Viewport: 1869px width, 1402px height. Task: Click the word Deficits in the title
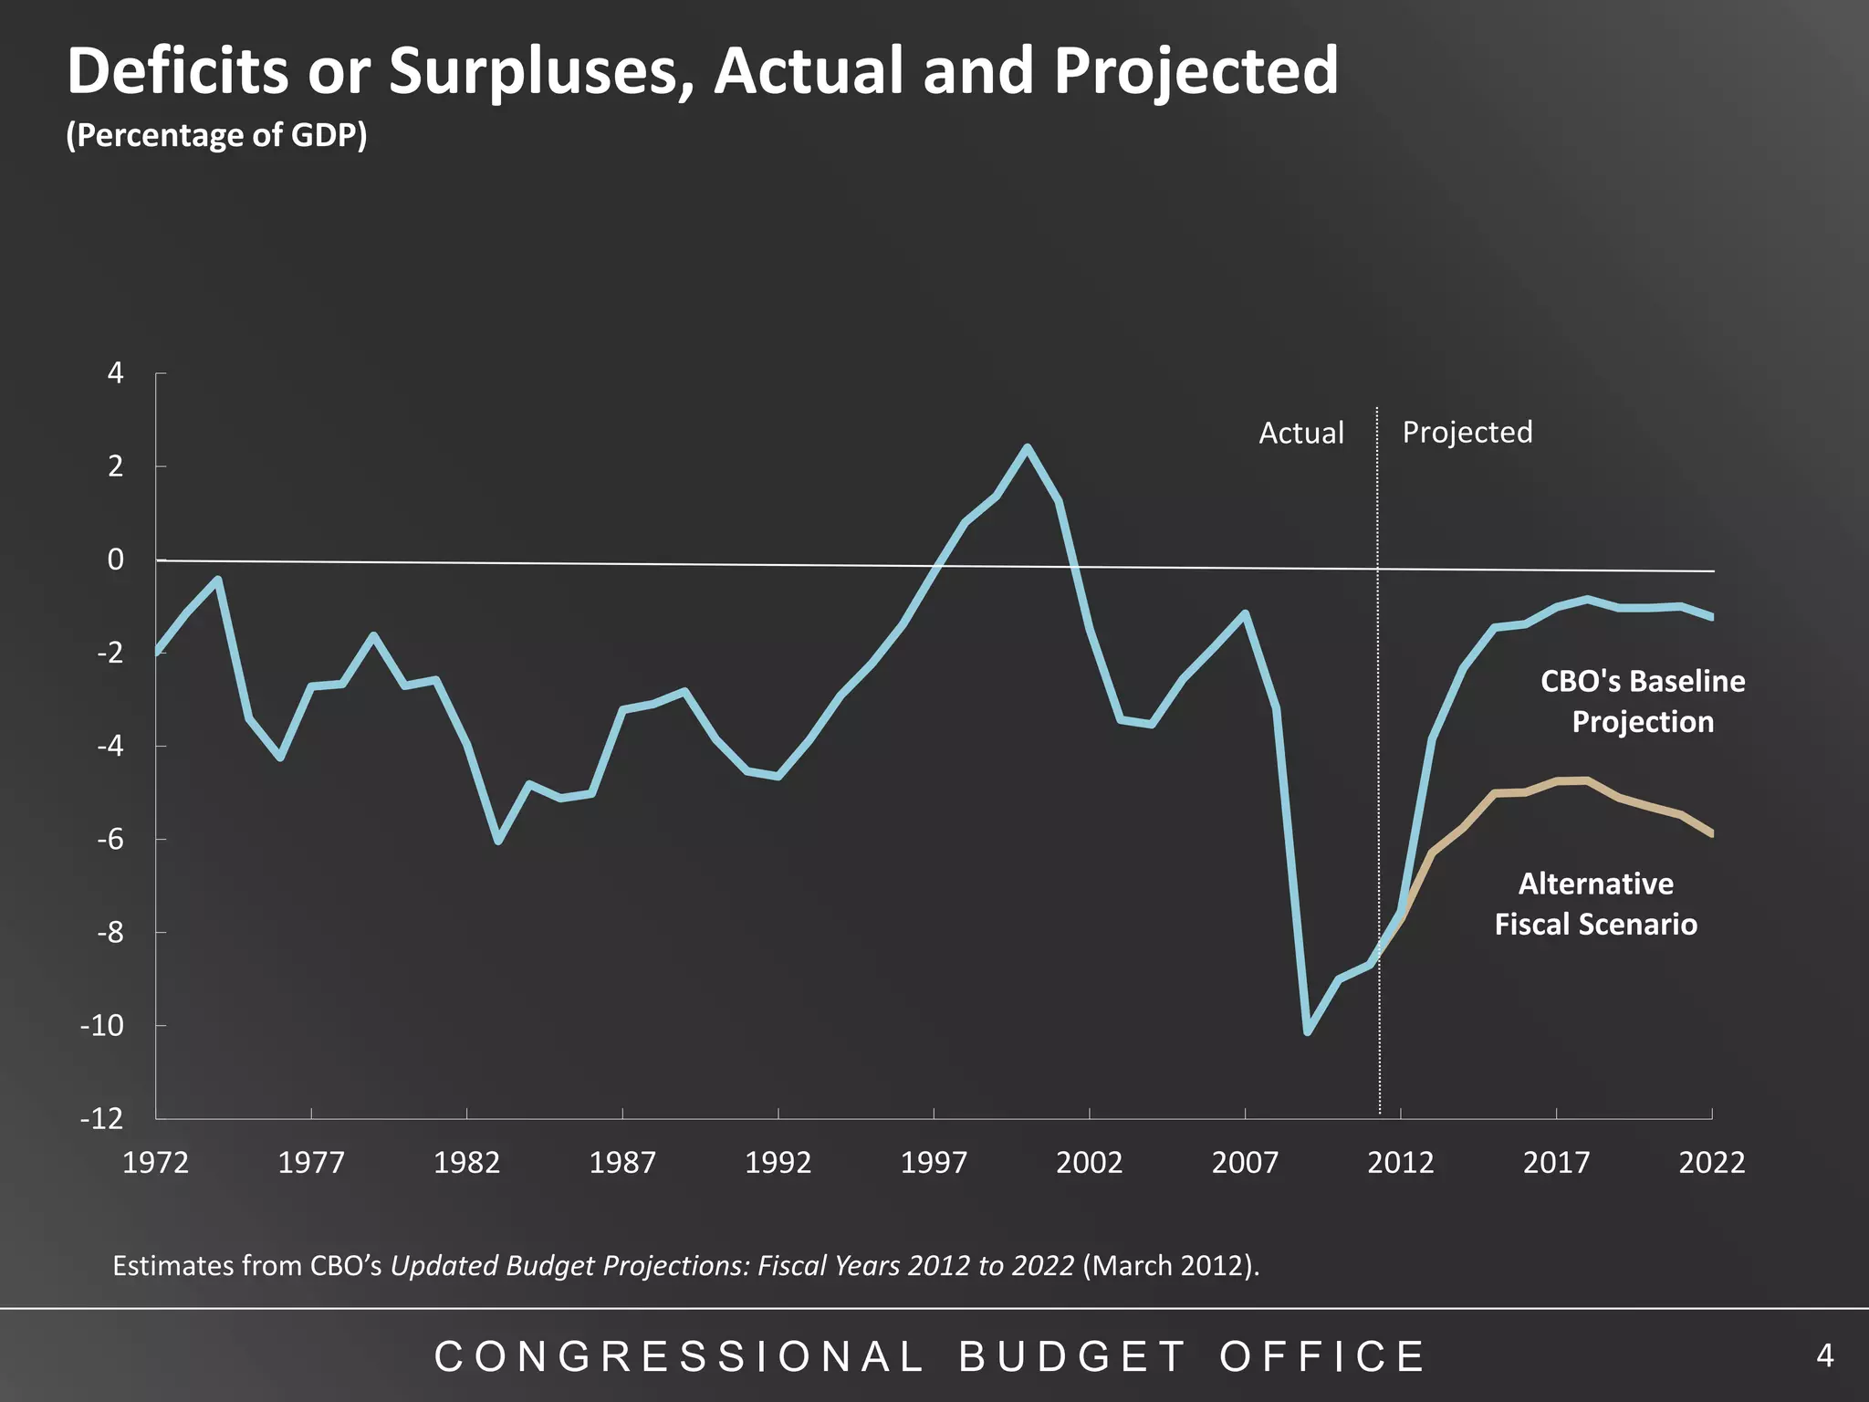point(177,71)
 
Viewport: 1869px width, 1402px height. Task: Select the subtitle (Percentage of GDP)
point(216,135)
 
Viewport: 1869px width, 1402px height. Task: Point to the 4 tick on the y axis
point(115,373)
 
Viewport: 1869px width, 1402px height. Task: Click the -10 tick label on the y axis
point(101,1026)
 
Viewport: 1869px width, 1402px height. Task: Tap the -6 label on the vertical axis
point(109,840)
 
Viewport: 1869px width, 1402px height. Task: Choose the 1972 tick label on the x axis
point(155,1163)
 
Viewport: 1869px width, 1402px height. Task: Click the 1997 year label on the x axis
point(934,1163)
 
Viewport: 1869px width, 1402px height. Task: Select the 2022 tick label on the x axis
point(1711,1163)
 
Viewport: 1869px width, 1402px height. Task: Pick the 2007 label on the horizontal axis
point(1245,1163)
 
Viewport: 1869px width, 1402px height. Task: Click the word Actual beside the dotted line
point(1300,433)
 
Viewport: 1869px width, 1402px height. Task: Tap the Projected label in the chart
point(1467,432)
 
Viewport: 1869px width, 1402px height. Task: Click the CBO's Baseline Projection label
point(1642,701)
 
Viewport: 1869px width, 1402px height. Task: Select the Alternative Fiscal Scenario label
point(1595,904)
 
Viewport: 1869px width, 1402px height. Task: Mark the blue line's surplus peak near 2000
point(1027,447)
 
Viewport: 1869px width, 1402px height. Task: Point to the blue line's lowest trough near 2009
point(1308,1032)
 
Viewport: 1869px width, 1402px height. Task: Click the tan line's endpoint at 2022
point(1711,833)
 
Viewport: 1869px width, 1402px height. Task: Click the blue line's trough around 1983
point(498,841)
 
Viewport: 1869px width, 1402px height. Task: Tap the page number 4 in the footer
point(1824,1355)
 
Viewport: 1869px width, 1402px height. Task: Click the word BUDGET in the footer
point(1071,1356)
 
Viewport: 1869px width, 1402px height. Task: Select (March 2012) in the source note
point(1170,1266)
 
